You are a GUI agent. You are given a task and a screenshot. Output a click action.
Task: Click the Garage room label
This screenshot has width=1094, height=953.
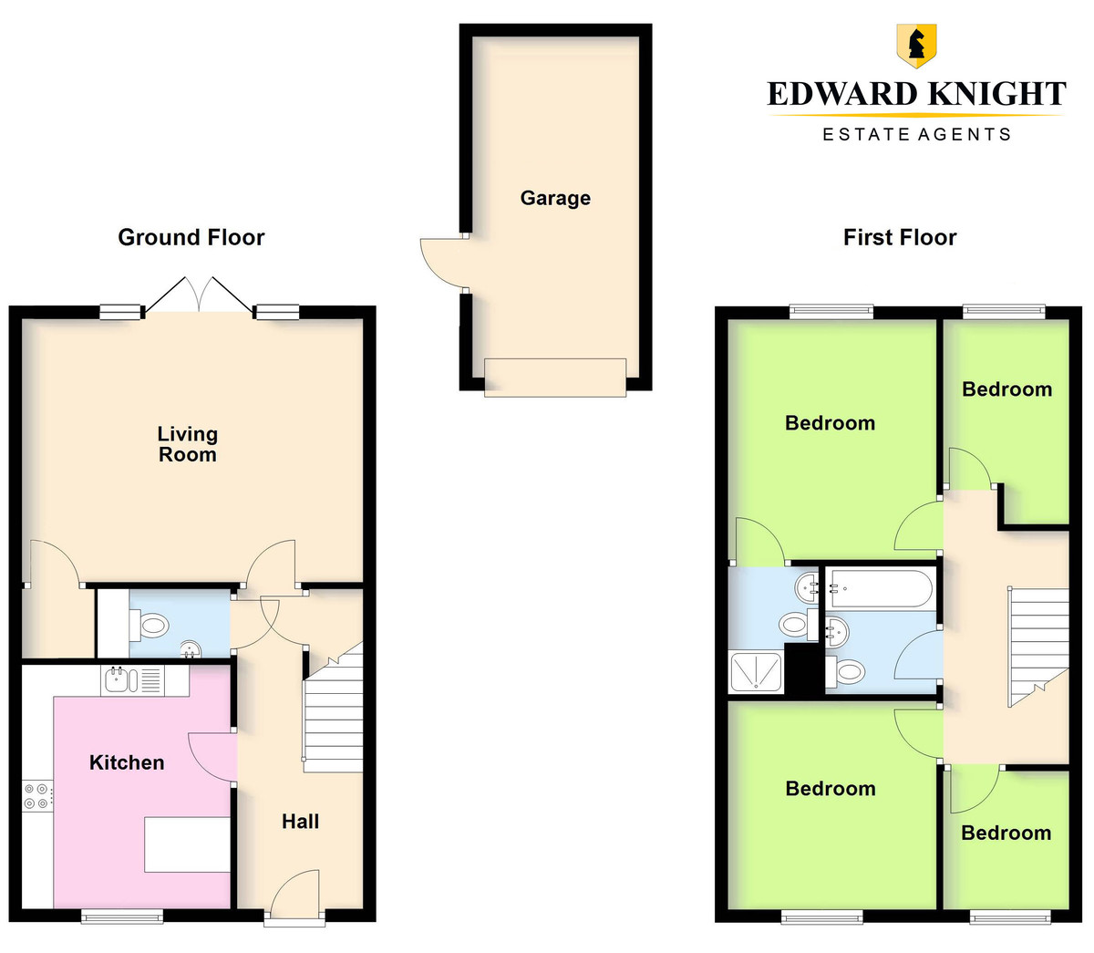tap(555, 199)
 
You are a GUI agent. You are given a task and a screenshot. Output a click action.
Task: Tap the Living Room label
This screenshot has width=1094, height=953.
tap(188, 444)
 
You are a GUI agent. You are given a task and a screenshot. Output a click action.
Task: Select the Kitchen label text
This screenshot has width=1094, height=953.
tap(127, 762)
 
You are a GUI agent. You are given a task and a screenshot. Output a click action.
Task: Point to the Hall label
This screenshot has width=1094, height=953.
tap(301, 822)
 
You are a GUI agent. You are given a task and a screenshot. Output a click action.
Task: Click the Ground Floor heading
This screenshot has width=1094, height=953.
tap(191, 237)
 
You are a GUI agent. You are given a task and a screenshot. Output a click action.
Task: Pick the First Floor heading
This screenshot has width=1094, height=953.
tap(900, 237)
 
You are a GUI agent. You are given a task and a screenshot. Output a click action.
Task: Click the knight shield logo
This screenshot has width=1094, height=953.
tap(916, 46)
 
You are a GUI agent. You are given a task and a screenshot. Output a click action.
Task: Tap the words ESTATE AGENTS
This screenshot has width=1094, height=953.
tap(916, 134)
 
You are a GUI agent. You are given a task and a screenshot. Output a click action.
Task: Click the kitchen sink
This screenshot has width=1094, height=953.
tap(133, 680)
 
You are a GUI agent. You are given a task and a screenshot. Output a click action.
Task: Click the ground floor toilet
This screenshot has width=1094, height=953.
tap(150, 625)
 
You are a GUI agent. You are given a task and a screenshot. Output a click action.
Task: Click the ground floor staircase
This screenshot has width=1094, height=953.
tap(333, 708)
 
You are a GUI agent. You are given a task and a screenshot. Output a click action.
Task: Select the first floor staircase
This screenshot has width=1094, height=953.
tap(1037, 647)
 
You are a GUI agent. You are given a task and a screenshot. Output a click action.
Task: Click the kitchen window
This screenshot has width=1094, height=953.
tap(122, 917)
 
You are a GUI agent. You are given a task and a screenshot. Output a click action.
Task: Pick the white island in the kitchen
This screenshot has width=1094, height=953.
tap(187, 845)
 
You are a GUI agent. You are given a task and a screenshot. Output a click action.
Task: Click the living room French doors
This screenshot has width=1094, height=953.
tap(199, 295)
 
